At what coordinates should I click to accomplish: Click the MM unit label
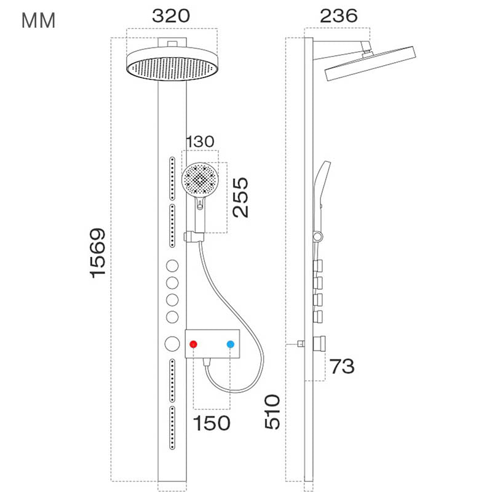point(39,20)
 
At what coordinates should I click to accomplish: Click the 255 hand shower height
point(240,197)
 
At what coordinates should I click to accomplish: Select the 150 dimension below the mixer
point(212,423)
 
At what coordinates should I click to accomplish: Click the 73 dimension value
point(342,367)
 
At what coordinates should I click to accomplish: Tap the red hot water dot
point(194,345)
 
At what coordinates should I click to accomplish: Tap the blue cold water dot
point(231,345)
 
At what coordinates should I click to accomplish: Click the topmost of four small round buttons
point(172,267)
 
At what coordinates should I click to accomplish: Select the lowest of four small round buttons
point(172,317)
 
